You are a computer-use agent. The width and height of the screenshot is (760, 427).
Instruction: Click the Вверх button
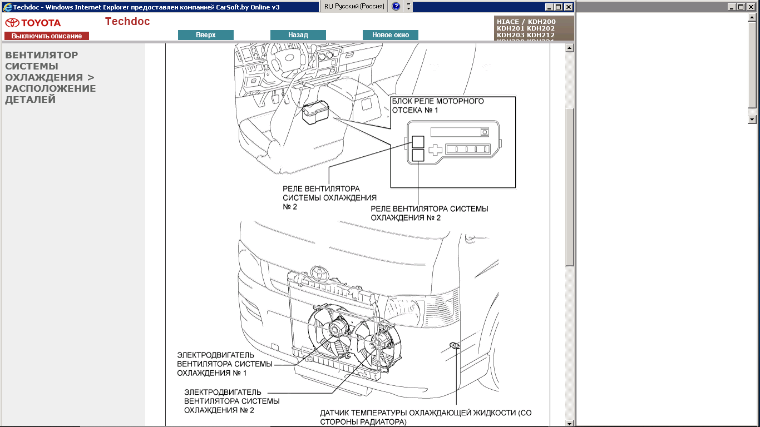206,35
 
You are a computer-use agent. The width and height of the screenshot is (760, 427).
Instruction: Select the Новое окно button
390,35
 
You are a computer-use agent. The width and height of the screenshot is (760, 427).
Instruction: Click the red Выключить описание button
47,36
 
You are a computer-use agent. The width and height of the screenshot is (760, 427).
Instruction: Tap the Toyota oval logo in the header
12,23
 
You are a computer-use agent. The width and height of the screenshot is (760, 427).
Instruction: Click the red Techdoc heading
127,21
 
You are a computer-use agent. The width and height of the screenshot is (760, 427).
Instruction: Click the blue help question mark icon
396,7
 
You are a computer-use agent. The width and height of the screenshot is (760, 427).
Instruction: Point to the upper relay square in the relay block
418,142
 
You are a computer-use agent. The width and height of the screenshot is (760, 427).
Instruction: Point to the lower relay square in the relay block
418,155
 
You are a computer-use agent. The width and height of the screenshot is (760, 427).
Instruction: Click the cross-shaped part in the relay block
435,150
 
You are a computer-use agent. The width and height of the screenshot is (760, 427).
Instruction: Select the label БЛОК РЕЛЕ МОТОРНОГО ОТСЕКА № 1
438,106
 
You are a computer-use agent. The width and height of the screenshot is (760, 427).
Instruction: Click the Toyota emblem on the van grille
319,273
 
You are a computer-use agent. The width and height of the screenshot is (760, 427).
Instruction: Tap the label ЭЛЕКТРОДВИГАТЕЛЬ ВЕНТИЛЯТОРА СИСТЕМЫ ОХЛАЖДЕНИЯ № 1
225,364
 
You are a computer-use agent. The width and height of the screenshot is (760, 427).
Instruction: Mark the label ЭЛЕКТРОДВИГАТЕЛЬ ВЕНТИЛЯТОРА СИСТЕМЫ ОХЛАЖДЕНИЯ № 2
232,401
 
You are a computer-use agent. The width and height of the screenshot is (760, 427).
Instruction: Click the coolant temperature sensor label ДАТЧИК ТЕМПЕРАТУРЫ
426,417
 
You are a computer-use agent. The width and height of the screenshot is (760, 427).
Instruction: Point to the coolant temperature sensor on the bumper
455,346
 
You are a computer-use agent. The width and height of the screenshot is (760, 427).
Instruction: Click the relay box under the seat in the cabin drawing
315,112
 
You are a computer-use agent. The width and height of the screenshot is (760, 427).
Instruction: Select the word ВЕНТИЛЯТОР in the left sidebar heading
41,55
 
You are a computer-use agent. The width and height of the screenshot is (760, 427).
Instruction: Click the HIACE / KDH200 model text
526,22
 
